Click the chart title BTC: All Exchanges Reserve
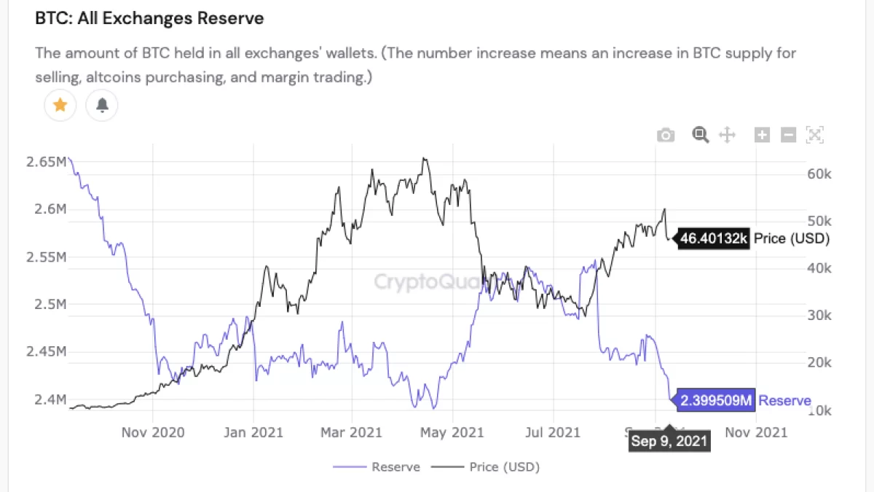coord(149,19)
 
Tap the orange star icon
coord(60,106)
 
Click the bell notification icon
coord(102,106)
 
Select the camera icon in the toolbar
coord(665,135)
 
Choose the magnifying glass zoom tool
coord(701,135)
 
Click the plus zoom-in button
coord(762,135)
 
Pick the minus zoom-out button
coord(788,135)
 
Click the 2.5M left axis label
coord(51,304)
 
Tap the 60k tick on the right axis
coord(822,174)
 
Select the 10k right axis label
coord(822,411)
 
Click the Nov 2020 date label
coord(153,432)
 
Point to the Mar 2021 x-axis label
coord(352,432)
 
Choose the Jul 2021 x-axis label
coord(553,432)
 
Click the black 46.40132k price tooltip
coord(714,238)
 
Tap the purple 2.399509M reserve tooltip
coord(716,400)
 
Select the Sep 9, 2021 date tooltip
coord(668,440)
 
